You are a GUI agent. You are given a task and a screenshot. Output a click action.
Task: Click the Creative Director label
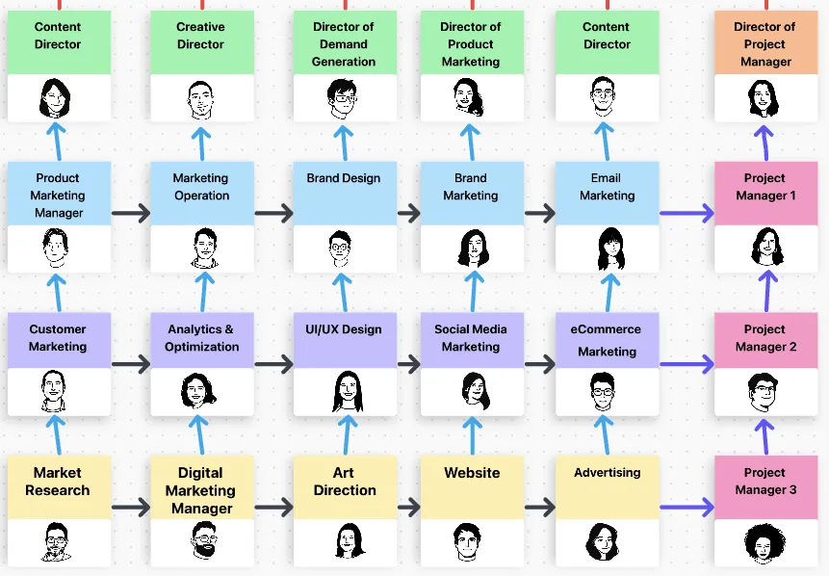tap(201, 36)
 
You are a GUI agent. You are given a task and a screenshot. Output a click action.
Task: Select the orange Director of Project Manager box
tap(765, 44)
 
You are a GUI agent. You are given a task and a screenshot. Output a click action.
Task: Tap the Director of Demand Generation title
tap(344, 44)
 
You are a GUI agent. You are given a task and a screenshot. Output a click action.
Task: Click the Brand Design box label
tap(344, 178)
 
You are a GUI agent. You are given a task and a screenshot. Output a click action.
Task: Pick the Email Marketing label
tap(607, 187)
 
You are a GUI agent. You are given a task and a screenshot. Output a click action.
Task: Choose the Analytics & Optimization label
tap(201, 338)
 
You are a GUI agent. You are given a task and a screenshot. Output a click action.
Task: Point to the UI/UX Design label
tap(344, 329)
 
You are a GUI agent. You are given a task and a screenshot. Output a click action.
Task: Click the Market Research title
tap(58, 482)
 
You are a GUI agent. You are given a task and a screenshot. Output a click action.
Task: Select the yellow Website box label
tap(472, 473)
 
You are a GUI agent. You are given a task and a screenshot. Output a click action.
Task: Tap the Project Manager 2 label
tap(765, 338)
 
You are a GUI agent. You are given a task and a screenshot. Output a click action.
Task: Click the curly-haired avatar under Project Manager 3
tap(765, 544)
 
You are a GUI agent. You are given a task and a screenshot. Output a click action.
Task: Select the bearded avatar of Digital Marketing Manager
tap(203, 542)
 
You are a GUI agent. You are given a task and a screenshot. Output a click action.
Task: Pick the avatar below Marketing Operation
tap(203, 248)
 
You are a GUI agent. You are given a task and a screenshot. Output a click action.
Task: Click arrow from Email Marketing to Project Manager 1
tap(687, 214)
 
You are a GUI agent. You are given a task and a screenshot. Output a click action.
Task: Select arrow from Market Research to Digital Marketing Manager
tap(131, 507)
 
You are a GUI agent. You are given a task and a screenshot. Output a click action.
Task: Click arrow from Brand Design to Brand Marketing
tap(408, 214)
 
